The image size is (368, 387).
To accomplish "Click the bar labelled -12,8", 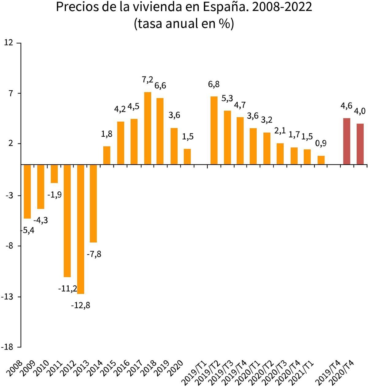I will [x=81, y=229].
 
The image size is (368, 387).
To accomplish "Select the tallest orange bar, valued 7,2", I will [x=148, y=128].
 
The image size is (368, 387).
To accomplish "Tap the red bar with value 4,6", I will [x=347, y=142].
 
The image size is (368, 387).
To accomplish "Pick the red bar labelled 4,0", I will [x=360, y=144].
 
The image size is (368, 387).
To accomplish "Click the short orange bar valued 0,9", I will [x=321, y=160].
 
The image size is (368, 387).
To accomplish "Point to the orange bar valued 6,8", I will [x=214, y=131].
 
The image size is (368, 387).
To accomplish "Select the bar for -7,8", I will [x=93, y=204].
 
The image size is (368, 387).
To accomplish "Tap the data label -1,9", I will [x=55, y=195].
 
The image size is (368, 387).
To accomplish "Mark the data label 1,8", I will [x=107, y=134].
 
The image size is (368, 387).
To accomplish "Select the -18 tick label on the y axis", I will [x=7, y=347].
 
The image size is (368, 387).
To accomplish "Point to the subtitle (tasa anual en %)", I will [x=184, y=24].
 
